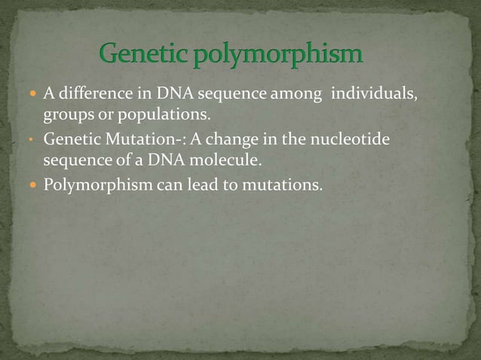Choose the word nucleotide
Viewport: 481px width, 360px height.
tap(352, 139)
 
